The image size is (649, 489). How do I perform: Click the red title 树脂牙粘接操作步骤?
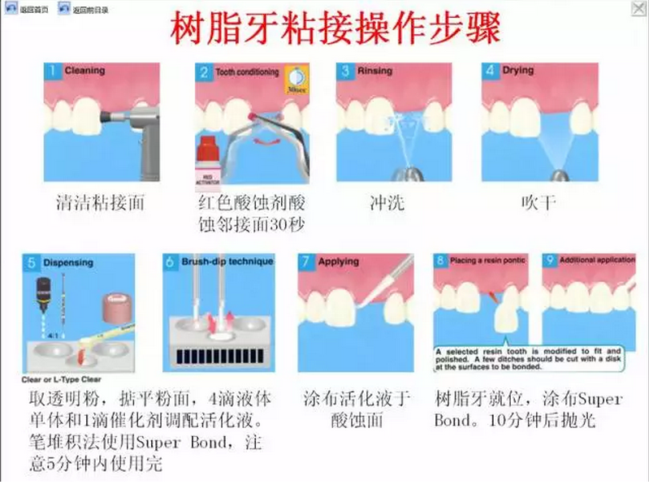tap(335, 28)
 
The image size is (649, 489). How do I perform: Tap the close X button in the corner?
tap(639, 8)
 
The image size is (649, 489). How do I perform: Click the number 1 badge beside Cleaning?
tap(53, 71)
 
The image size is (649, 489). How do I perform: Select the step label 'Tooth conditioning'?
tap(247, 72)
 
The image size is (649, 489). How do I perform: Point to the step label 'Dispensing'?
tap(68, 262)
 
